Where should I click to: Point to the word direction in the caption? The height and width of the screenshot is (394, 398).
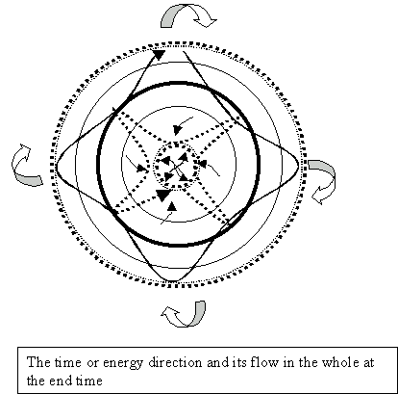pos(175,362)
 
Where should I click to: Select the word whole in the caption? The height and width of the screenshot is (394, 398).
pos(340,362)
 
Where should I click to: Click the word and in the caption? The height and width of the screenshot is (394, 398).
pos(216,362)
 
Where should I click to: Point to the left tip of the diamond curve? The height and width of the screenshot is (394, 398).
pos(57,167)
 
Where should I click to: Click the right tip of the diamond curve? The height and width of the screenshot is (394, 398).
pos(298,166)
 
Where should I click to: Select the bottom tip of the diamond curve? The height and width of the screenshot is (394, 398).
pos(172,281)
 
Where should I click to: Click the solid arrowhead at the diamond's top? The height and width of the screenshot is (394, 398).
pos(159,54)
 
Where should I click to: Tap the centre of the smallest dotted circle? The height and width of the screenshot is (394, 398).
pos(176,166)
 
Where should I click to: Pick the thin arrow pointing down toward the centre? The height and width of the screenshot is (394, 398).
pos(183,126)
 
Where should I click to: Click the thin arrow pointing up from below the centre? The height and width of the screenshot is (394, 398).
pos(169,213)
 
